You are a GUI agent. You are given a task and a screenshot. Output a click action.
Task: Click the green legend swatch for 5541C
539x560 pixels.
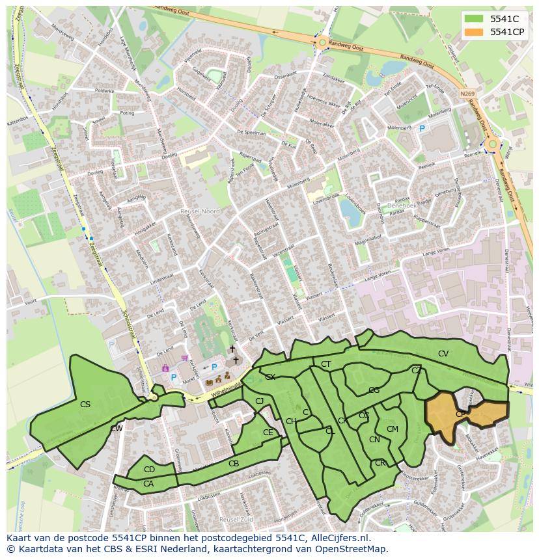(x=475, y=20)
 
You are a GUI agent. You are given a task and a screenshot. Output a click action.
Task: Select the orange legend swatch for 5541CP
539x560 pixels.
(x=475, y=32)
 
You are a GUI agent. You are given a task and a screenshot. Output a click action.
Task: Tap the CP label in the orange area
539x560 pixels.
(x=460, y=414)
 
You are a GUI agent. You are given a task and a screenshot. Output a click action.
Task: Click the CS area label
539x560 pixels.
(x=85, y=405)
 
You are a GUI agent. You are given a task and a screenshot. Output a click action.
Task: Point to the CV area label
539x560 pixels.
(x=443, y=354)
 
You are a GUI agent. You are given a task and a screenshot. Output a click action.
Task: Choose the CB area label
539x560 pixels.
(x=234, y=464)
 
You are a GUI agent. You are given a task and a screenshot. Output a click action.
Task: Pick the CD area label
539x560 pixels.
(x=149, y=470)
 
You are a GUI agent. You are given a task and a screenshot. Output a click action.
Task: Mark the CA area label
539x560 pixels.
(x=148, y=483)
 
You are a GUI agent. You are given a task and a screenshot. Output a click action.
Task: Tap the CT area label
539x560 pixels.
(x=326, y=364)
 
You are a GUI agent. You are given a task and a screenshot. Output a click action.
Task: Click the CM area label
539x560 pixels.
(x=392, y=429)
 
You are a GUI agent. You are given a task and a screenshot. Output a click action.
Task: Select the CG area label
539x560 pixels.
(x=374, y=390)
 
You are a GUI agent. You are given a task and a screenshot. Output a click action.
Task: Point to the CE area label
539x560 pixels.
(x=268, y=433)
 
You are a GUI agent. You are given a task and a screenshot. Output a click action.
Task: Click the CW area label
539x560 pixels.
(x=117, y=429)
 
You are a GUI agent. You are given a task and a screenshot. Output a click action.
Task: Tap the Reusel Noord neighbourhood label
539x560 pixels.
(x=200, y=211)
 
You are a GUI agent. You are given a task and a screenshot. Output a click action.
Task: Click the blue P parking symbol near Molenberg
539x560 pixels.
(x=422, y=129)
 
